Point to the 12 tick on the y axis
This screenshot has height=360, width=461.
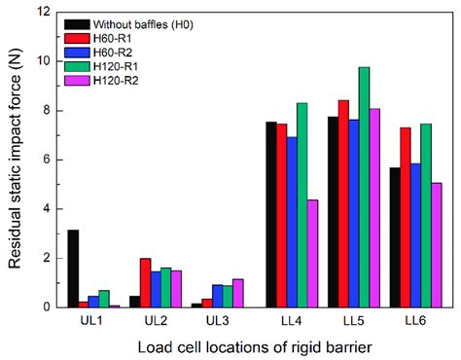coord(42,11)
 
